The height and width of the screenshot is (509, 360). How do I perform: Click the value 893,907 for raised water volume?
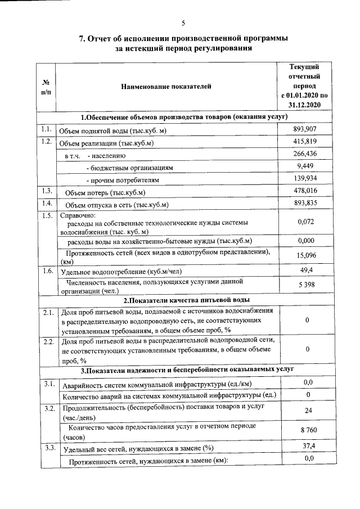point(304,130)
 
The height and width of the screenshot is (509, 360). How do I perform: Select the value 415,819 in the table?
point(304,142)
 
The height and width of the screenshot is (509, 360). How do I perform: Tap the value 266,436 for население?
point(304,154)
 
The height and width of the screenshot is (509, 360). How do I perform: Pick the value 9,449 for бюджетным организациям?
point(304,166)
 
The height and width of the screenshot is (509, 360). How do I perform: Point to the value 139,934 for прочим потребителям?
point(304,179)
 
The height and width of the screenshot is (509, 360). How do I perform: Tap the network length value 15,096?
point(304,256)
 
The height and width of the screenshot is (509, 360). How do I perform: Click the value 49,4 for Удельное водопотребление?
point(304,271)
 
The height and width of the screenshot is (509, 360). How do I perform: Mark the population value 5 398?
point(304,286)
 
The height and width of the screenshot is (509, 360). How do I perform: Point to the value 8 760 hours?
point(304,430)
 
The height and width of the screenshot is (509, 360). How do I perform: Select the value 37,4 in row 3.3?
point(304,447)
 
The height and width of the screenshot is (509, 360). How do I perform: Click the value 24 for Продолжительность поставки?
point(304,411)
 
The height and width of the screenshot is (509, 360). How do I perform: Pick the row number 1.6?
point(48,271)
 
